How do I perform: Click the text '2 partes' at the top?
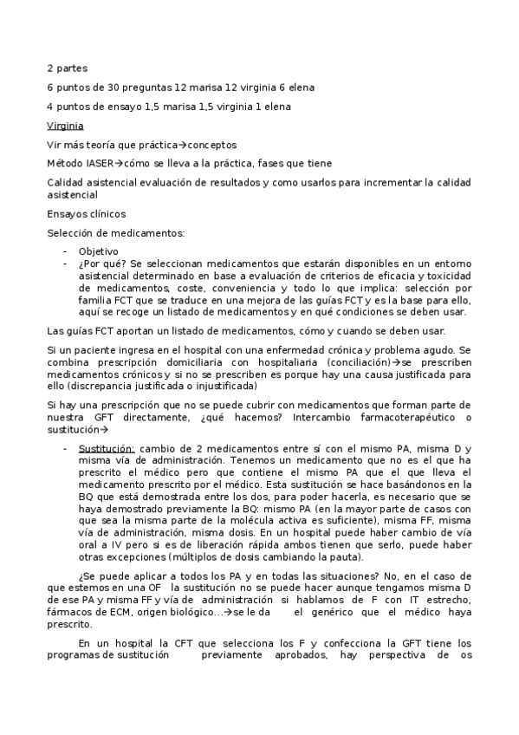click(67, 68)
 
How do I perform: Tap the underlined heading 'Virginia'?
click(65, 126)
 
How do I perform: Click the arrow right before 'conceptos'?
click(184, 145)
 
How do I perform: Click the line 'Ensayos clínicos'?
click(86, 213)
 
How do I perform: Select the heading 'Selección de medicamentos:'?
click(115, 232)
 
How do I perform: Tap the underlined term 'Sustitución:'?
click(106, 448)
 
